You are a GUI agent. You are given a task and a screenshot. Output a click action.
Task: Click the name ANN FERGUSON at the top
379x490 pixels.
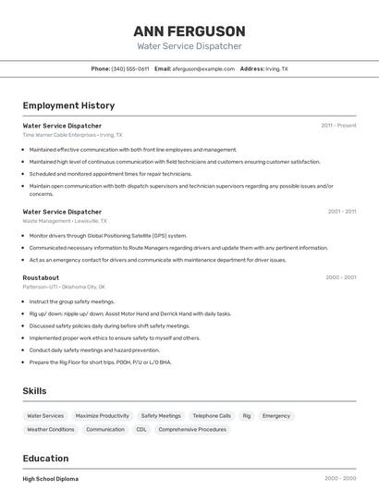click(x=189, y=31)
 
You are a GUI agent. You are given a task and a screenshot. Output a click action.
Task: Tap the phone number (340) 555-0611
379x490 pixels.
click(x=129, y=69)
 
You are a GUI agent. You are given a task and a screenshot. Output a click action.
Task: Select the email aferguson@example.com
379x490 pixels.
click(x=202, y=69)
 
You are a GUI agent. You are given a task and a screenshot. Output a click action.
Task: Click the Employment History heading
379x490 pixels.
click(x=68, y=106)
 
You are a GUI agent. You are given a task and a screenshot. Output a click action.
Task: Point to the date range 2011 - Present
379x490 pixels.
click(x=338, y=126)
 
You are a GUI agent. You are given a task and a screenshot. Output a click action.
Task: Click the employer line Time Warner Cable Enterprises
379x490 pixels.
click(x=72, y=135)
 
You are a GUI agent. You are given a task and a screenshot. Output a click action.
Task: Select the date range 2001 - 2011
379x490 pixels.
click(x=341, y=212)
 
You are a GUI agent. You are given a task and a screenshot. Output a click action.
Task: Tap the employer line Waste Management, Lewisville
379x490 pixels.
click(x=65, y=221)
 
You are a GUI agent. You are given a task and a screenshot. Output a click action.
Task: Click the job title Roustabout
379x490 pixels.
click(x=41, y=277)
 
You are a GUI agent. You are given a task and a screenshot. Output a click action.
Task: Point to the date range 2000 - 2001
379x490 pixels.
click(x=340, y=277)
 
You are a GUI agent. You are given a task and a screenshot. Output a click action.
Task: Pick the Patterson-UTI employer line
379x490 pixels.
click(x=64, y=287)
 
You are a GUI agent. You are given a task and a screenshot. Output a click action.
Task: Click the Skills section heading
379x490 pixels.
click(x=34, y=391)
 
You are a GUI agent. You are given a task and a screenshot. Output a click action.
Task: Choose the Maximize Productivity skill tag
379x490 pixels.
click(x=102, y=416)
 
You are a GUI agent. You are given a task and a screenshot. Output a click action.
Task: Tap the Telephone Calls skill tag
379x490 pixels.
click(x=212, y=416)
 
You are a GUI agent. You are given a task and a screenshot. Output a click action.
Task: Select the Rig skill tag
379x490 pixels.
click(x=247, y=416)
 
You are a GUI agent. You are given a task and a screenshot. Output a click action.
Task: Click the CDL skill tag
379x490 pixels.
click(x=141, y=429)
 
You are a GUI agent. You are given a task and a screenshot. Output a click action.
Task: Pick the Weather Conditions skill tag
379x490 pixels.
click(x=51, y=429)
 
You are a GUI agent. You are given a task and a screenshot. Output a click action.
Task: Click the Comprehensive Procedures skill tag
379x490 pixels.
click(x=192, y=429)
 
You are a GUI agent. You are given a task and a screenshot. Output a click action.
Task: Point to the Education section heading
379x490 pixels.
click(x=45, y=459)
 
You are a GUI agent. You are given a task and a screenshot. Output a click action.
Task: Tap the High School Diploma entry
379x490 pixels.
click(x=51, y=479)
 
